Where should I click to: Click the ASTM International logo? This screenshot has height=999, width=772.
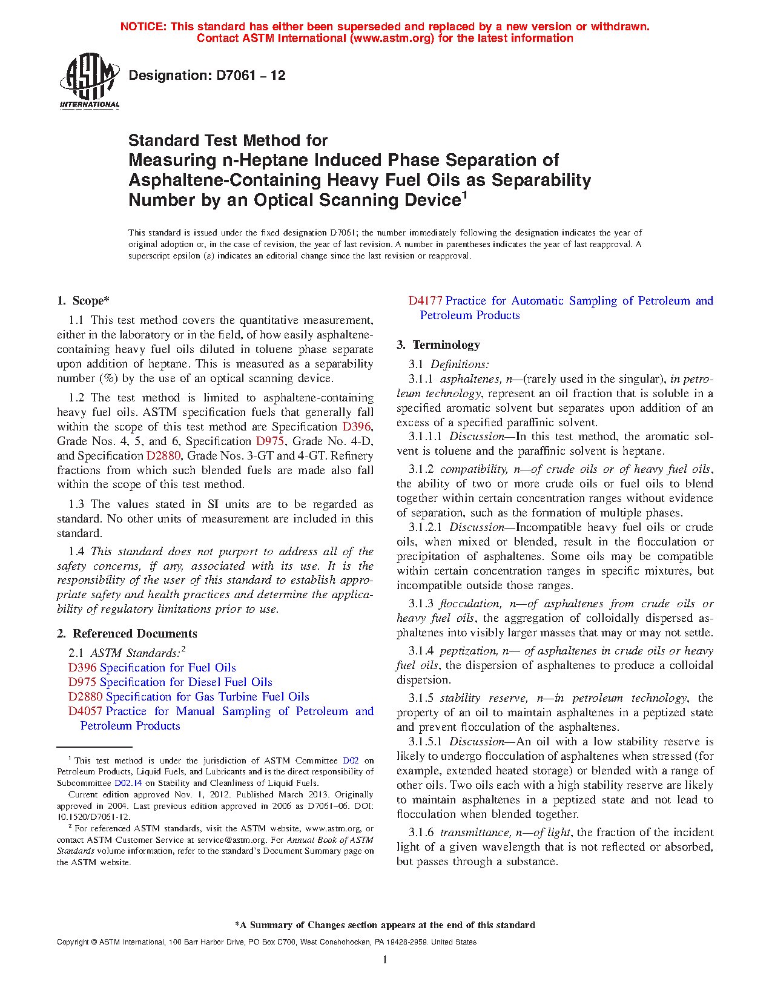point(90,81)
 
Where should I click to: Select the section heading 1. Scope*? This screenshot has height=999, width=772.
point(84,301)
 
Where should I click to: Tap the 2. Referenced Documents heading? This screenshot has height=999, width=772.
point(127,634)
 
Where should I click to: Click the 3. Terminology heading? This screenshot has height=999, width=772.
point(438,345)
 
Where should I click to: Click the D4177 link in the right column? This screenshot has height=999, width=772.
point(425,301)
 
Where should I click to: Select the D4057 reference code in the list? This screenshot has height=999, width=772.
point(85,711)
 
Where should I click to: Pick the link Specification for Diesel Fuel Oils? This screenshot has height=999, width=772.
point(186,682)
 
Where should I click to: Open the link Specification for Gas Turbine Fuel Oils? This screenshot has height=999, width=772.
point(207,697)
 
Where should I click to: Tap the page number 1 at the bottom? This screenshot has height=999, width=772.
point(384,960)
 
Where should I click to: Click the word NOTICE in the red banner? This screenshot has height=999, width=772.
point(143,27)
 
